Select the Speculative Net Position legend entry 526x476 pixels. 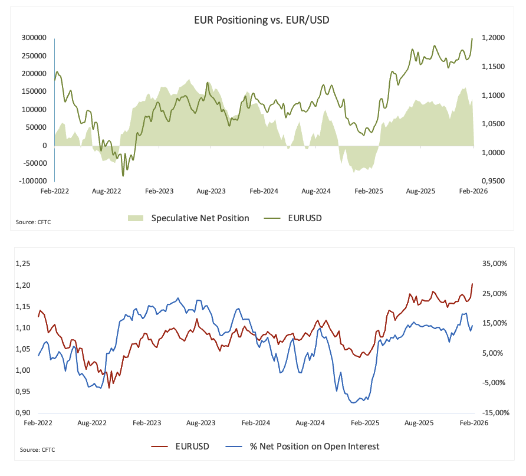(199, 218)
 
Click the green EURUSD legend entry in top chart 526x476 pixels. (304, 218)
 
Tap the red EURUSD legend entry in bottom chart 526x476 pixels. (192, 446)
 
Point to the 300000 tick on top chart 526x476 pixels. (35, 38)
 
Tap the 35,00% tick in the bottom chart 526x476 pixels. (494, 264)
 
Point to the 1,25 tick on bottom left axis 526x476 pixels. (23, 264)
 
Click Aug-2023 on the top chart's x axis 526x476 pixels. (211, 192)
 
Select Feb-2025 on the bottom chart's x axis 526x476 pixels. (365, 423)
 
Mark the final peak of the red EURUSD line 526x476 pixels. (472, 284)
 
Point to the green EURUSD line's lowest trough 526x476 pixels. (123, 176)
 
